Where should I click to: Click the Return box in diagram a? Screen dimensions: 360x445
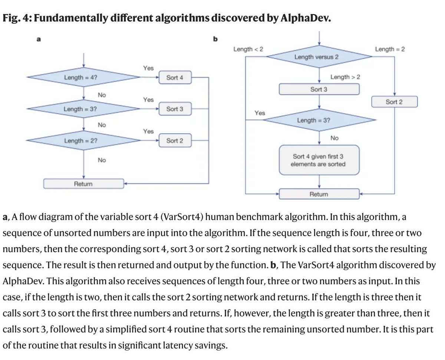coord(83,183)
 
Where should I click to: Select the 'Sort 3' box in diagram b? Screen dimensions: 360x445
coord(319,89)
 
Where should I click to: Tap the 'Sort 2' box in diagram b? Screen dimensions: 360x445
coord(394,102)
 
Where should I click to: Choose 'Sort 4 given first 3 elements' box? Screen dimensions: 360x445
coord(319,160)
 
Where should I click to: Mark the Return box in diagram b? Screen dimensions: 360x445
coord(319,194)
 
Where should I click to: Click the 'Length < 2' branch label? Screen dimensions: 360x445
coord(248,49)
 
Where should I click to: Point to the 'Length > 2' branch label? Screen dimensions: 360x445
coord(345,77)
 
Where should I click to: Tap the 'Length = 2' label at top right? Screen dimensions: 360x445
coord(390,49)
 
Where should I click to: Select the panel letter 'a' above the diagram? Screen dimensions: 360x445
coord(38,40)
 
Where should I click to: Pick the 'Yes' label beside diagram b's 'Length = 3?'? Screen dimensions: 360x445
coord(260,113)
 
